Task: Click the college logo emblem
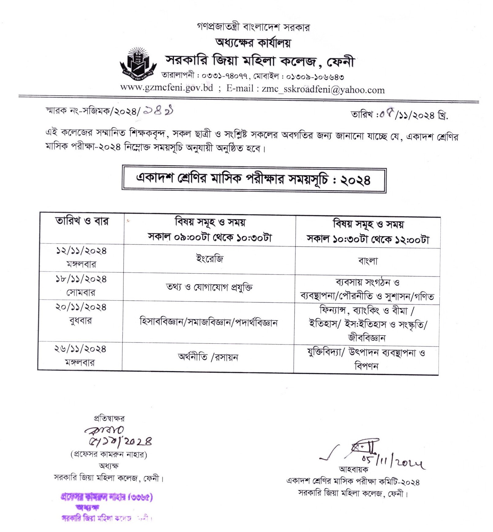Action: tap(138, 63)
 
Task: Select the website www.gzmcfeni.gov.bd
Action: tap(166, 88)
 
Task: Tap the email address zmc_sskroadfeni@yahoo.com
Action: tap(323, 90)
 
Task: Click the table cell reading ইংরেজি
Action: tap(210, 259)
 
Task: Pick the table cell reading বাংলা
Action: tap(368, 261)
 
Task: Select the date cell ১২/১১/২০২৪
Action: tap(81, 251)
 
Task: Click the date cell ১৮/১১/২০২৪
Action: tap(81, 279)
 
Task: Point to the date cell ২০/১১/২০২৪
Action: tap(81, 307)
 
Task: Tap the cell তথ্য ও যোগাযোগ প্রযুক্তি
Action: tap(209, 287)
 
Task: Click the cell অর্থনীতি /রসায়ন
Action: tap(208, 357)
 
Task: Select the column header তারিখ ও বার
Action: tap(82, 221)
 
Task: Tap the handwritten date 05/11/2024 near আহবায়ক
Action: tap(393, 462)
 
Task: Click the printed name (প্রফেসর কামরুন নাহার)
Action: tap(108, 455)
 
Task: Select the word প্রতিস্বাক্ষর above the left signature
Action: tap(109, 418)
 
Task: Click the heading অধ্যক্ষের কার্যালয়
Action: tap(253, 43)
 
